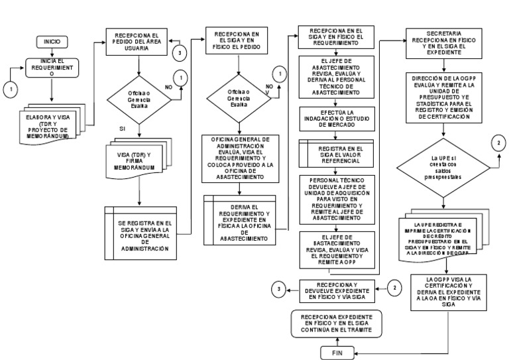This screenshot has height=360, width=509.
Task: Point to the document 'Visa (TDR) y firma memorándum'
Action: tap(139, 162)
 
